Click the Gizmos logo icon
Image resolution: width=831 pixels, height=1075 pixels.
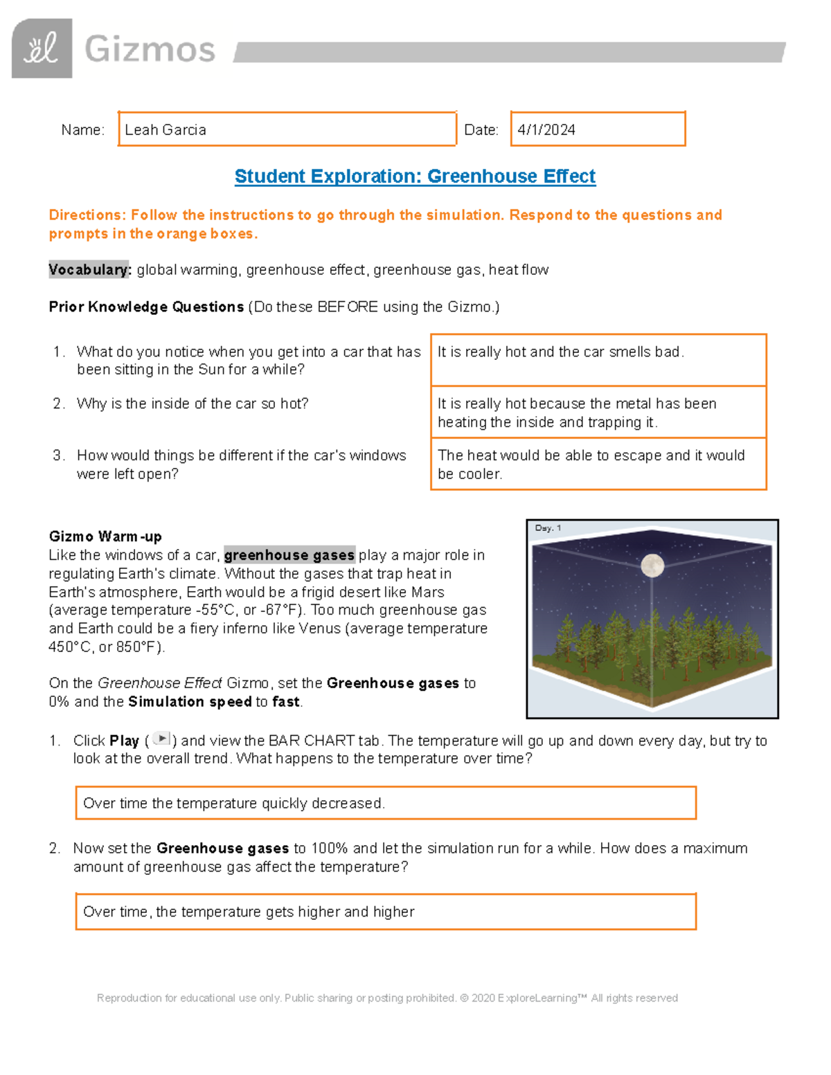point(42,48)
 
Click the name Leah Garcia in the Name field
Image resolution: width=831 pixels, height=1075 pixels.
point(166,130)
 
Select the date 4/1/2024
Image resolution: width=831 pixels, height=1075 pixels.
point(546,130)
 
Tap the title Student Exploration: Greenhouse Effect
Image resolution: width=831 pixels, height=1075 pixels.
point(415,177)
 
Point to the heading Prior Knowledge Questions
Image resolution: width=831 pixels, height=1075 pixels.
point(146,307)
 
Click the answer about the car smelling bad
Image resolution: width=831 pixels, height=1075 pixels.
point(560,352)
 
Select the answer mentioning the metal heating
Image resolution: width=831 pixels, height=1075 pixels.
point(576,413)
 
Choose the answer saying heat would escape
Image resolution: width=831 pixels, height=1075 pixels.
point(590,464)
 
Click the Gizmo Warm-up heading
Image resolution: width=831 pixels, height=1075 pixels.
point(105,536)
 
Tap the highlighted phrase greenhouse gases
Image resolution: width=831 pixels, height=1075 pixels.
point(289,555)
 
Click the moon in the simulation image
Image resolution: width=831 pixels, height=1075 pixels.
point(652,566)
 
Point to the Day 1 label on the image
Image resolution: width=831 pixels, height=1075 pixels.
point(548,528)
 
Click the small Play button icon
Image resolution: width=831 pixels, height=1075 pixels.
point(161,739)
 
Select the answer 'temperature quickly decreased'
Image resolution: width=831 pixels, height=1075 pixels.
point(234,804)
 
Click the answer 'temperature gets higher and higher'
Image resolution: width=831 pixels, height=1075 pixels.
point(249,912)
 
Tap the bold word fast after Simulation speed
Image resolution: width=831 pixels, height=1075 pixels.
point(286,702)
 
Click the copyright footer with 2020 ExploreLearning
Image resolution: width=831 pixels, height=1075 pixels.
point(387,998)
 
